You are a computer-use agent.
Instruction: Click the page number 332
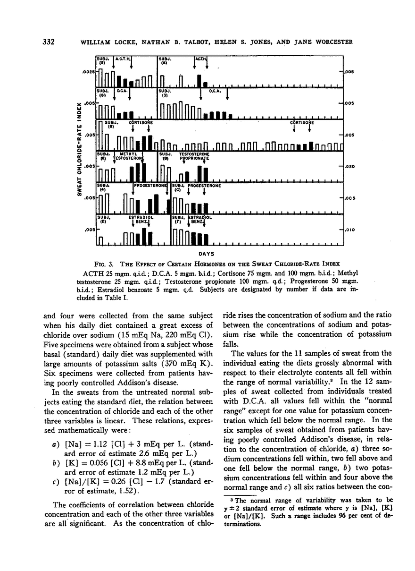pyautogui.click(x=47, y=42)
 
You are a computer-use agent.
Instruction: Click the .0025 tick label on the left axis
pyautogui.click(x=87, y=72)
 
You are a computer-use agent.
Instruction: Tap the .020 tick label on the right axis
pyautogui.click(x=350, y=167)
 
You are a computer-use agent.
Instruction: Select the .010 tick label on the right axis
pyautogui.click(x=350, y=230)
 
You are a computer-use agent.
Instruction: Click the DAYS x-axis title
pyautogui.click(x=220, y=254)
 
